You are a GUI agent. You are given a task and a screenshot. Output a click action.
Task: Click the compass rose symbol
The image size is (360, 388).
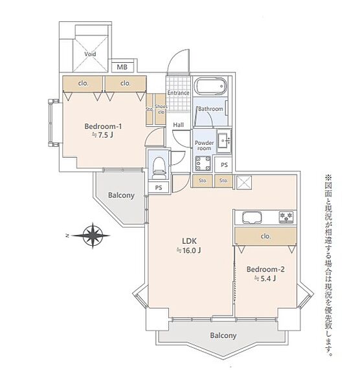click(x=93, y=235)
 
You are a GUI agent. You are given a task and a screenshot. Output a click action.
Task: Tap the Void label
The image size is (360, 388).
click(x=90, y=54)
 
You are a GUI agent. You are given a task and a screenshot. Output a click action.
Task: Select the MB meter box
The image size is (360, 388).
click(x=122, y=67)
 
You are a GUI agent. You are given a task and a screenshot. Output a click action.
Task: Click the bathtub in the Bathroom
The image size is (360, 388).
click(x=211, y=87)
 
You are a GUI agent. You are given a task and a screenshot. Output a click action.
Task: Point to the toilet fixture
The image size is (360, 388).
click(x=159, y=167)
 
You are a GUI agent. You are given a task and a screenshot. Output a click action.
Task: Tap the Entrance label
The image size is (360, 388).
click(x=179, y=92)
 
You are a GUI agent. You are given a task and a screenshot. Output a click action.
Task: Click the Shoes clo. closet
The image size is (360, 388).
click(x=161, y=109)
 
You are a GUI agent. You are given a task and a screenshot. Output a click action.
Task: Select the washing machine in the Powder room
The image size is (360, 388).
click(x=203, y=163)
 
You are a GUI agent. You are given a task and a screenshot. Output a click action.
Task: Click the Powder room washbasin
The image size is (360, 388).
click(x=224, y=140)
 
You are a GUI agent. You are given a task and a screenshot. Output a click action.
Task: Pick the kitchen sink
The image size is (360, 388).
click(x=252, y=217)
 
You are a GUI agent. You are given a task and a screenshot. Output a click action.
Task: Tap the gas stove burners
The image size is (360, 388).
click(x=286, y=217)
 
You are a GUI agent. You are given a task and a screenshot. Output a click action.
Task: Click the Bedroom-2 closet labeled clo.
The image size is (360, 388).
click(x=265, y=236)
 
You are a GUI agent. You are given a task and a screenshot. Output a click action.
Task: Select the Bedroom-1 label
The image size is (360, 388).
click(x=103, y=126)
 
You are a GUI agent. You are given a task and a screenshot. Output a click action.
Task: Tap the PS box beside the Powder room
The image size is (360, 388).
click(x=224, y=164)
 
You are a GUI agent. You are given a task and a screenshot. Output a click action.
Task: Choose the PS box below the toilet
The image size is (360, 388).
click(x=159, y=188)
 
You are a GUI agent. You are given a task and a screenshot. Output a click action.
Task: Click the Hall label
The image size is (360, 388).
click(x=179, y=125)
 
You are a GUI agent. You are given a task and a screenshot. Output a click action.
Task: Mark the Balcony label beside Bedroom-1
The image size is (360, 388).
click(x=121, y=195)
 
